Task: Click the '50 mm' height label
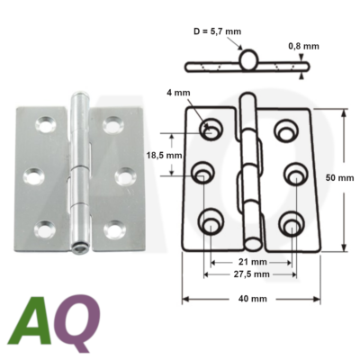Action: [339, 179]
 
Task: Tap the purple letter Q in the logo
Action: [78, 322]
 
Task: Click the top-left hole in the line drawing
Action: [213, 129]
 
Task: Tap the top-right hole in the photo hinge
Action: [112, 125]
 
